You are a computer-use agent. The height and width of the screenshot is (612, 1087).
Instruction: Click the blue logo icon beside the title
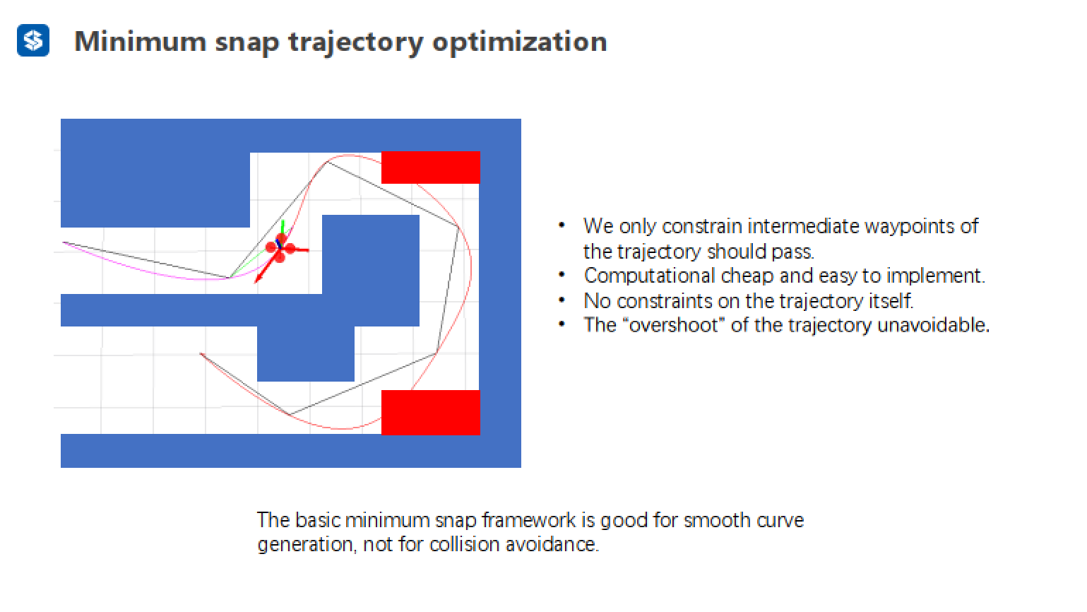click(x=33, y=40)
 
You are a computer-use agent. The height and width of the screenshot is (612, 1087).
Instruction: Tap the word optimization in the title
click(x=519, y=42)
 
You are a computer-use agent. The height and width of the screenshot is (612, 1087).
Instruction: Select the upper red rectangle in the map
click(x=430, y=167)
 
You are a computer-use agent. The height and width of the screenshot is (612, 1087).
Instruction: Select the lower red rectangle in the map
click(x=430, y=412)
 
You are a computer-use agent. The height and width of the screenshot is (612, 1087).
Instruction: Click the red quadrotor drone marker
click(x=280, y=248)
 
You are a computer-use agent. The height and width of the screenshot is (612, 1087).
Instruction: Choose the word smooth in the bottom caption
click(x=717, y=521)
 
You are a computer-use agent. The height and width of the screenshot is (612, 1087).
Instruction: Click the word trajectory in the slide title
click(x=354, y=42)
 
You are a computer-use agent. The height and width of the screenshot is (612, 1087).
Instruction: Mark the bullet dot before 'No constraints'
click(x=562, y=300)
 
